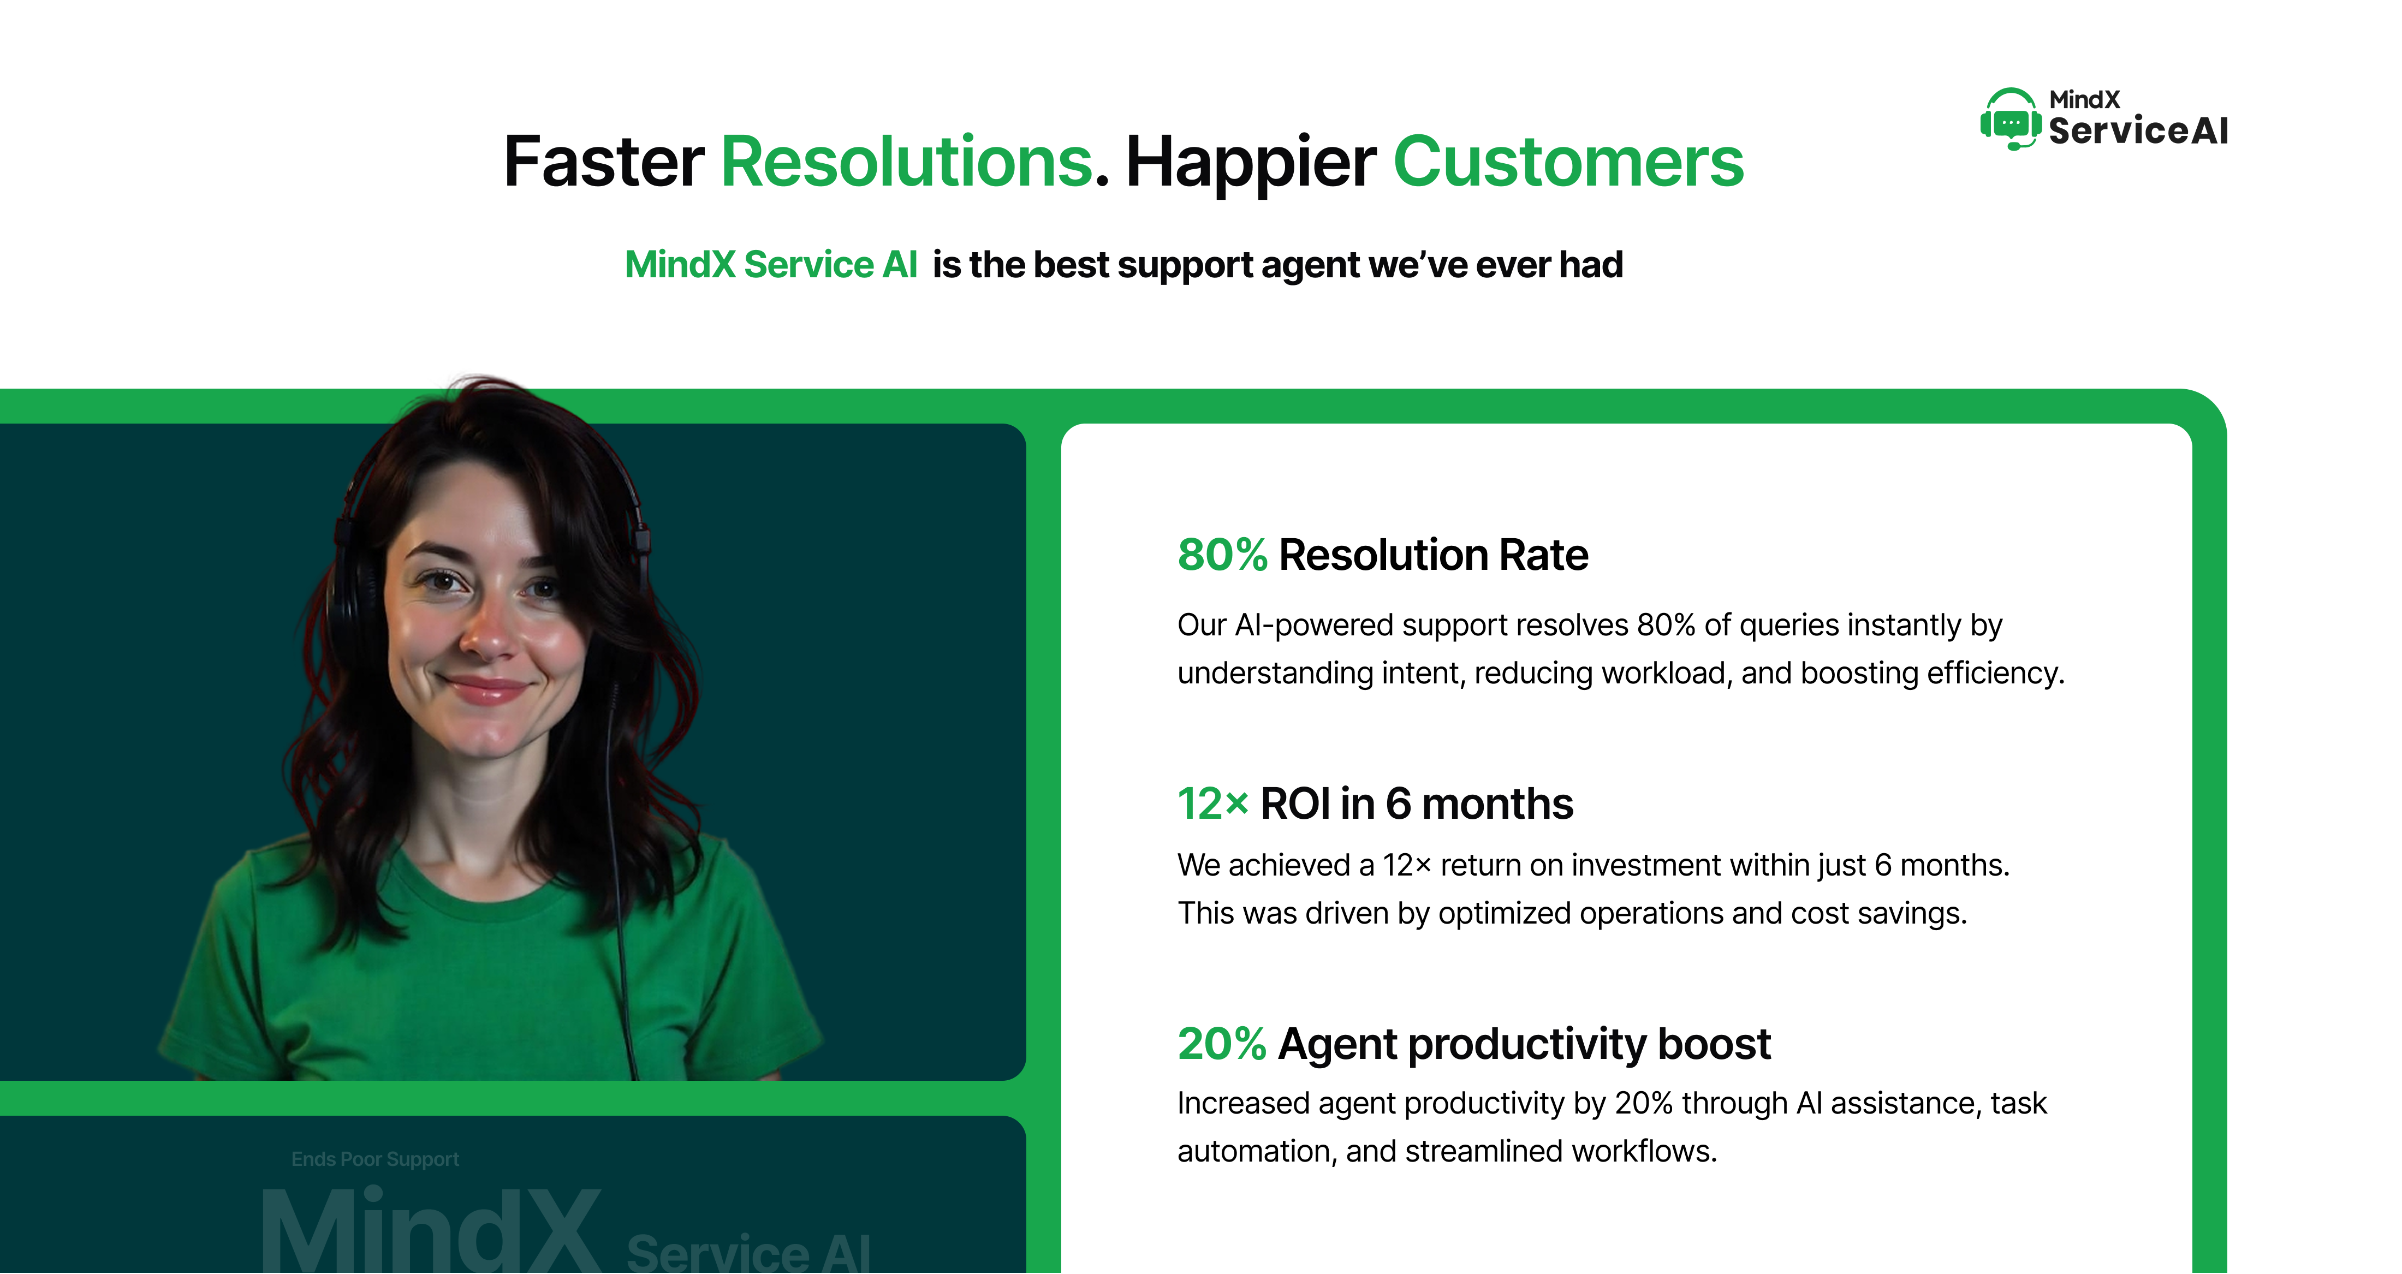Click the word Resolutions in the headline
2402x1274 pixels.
pos(906,162)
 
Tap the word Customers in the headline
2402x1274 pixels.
pos(1568,162)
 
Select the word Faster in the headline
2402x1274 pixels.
pos(603,162)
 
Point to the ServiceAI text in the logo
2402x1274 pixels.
pos(2138,130)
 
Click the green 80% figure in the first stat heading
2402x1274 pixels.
pos(1222,555)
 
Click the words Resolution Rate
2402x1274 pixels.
pos(1433,555)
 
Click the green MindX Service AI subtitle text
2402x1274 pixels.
pos(771,265)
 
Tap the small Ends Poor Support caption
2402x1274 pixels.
pos(375,1159)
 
